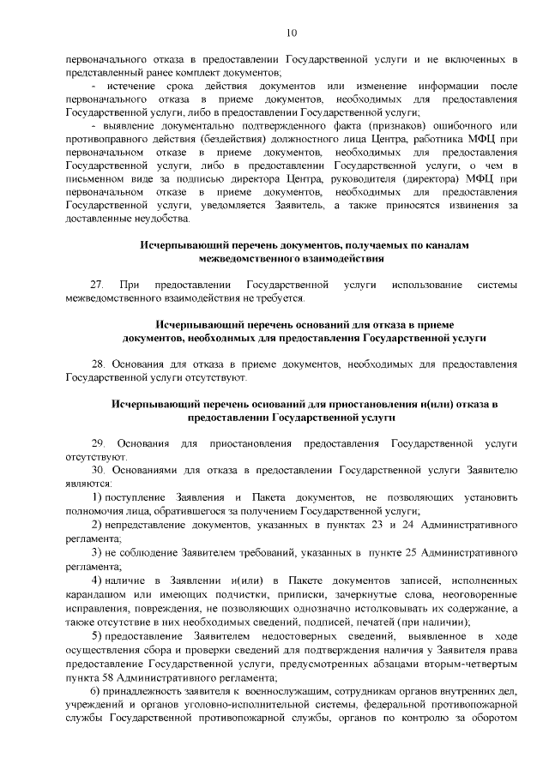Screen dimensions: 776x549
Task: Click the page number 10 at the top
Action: tap(291, 33)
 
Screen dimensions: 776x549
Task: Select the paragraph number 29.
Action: tap(97, 443)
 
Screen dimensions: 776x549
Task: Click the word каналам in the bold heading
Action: tap(448, 244)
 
